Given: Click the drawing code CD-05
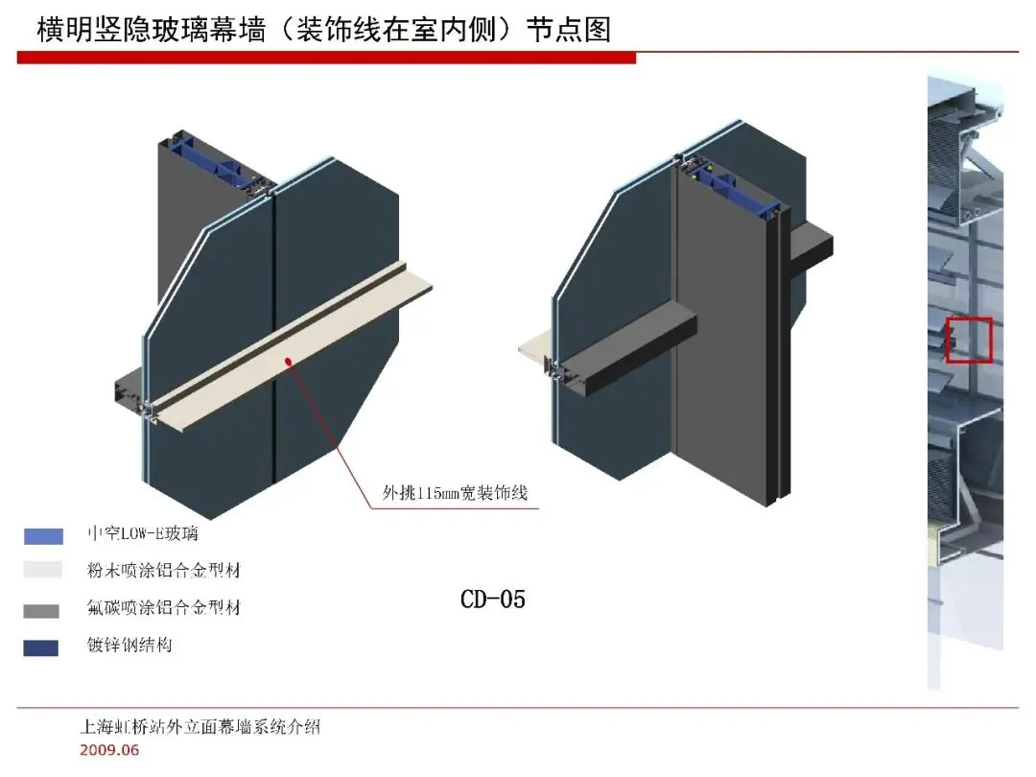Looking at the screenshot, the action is pos(493,600).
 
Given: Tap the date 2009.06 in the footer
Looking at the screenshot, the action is pos(108,749).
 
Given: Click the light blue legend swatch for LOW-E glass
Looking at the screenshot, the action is pos(43,536).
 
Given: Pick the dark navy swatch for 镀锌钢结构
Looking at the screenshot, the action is pos(41,647).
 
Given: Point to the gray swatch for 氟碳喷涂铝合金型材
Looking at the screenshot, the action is pos(41,610).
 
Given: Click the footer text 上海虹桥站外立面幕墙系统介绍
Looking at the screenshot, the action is pos(200,726).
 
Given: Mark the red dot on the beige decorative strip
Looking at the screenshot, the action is pos(289,359).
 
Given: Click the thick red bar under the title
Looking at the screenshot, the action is pos(326,59).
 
